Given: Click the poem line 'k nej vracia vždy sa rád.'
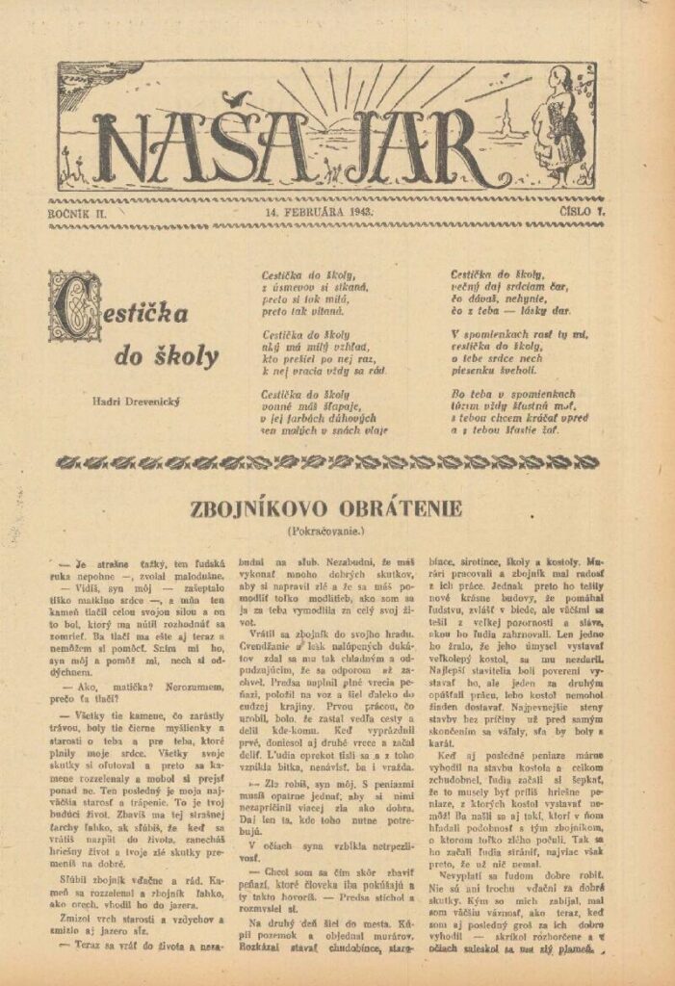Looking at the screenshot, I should pos(324,370).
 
